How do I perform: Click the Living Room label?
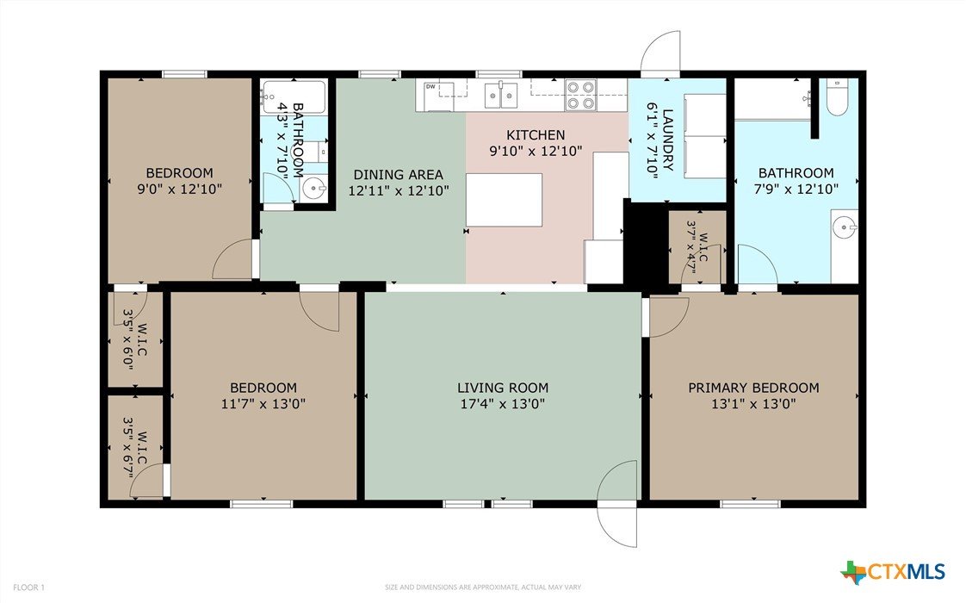click(503, 388)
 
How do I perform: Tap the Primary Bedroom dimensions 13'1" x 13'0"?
click(753, 404)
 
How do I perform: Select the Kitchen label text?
click(536, 135)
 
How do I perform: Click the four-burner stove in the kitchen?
click(581, 96)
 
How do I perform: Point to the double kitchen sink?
click(501, 95)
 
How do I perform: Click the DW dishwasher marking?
click(430, 87)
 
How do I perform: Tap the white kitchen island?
click(504, 200)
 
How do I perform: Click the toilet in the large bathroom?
click(837, 96)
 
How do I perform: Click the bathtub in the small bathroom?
click(293, 97)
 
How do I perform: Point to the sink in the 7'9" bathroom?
click(844, 227)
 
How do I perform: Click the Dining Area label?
click(398, 175)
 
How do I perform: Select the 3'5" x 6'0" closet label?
click(134, 339)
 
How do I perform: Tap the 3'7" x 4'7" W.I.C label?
click(697, 246)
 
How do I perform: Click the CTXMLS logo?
click(893, 572)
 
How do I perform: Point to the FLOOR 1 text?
click(29, 587)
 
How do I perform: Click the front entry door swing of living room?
click(617, 502)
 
